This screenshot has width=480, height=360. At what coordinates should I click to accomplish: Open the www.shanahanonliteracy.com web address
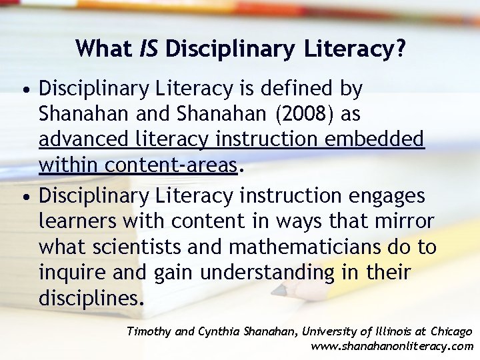[392, 346]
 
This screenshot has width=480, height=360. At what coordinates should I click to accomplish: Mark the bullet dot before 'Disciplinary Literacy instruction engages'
[24, 197]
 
